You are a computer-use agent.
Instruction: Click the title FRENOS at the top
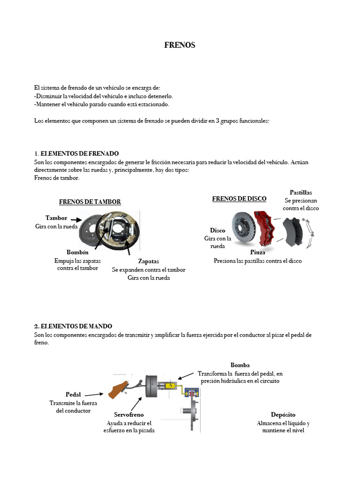(180, 45)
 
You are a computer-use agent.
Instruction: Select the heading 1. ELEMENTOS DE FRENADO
(76, 154)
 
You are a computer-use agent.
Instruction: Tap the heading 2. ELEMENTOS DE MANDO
(73, 326)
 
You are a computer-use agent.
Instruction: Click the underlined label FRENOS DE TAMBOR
(90, 202)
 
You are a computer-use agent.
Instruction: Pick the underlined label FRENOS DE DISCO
(239, 199)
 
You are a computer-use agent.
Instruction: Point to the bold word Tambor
(56, 218)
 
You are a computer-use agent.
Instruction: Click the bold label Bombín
(77, 253)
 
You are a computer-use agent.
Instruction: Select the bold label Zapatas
(149, 261)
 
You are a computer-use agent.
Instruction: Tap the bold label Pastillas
(300, 193)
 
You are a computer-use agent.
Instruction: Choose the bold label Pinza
(257, 253)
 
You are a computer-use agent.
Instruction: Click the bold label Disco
(217, 231)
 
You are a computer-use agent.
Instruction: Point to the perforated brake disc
(242, 227)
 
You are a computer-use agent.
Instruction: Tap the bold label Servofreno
(129, 415)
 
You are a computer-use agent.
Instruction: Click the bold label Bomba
(240, 365)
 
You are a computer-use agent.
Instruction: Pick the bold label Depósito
(283, 415)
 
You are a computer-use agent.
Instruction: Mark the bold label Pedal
(73, 394)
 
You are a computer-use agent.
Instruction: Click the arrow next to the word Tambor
(76, 219)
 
